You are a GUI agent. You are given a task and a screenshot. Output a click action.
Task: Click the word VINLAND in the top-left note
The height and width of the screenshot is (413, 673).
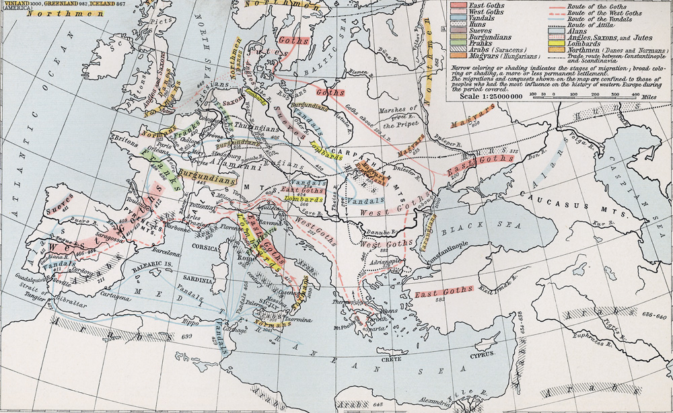click(x=13, y=4)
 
